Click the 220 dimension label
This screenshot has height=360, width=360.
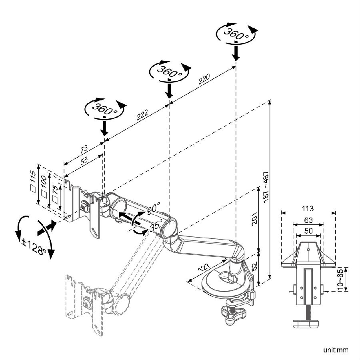(x=204, y=79)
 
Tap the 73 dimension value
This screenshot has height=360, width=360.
(x=84, y=148)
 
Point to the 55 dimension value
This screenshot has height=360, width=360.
(x=84, y=160)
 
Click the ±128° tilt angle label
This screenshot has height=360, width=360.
(x=34, y=247)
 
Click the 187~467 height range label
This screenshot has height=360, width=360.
(x=266, y=187)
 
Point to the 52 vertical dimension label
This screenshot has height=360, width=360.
(x=255, y=266)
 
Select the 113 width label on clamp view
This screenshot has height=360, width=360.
(x=308, y=208)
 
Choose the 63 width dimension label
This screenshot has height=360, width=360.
(x=308, y=220)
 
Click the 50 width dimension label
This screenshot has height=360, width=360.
(x=308, y=231)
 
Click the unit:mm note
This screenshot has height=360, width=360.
(x=336, y=350)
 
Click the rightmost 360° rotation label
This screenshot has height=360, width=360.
(x=236, y=34)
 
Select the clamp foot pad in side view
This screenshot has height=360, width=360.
(x=306, y=324)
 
